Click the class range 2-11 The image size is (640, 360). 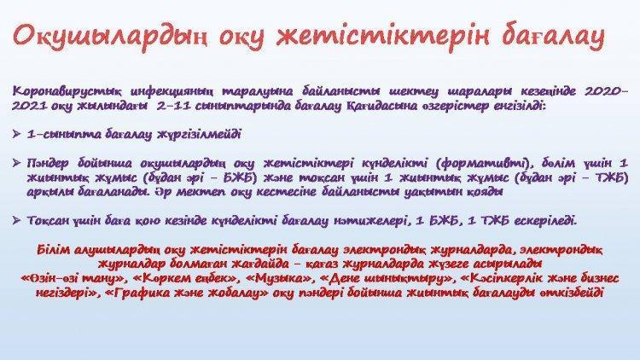[x=172, y=106]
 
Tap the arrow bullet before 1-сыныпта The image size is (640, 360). [x=17, y=134]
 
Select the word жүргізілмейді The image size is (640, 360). [x=199, y=134]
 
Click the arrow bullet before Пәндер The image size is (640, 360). [x=17, y=163]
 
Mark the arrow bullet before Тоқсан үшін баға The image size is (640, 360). [x=17, y=220]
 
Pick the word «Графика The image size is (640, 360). [x=137, y=293]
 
